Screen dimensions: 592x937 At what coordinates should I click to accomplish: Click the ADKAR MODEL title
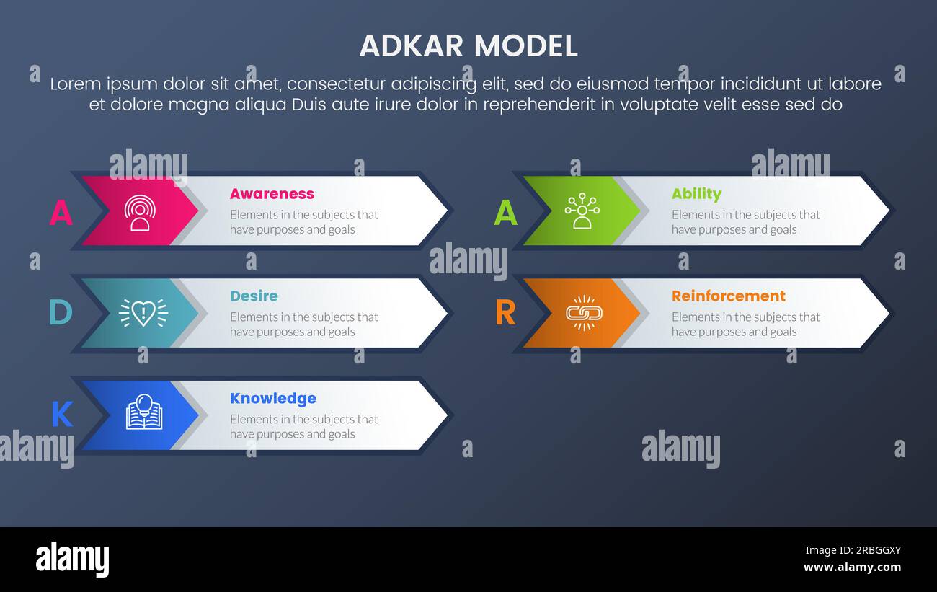click(x=468, y=46)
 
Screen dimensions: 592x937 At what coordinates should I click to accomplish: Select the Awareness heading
click(x=272, y=194)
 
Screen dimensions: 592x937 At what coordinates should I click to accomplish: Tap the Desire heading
click(x=254, y=296)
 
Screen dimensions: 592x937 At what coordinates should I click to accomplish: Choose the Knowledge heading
click(x=272, y=399)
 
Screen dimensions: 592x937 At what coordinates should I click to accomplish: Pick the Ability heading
click(x=696, y=194)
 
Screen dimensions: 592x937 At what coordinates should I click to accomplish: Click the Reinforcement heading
click(x=728, y=296)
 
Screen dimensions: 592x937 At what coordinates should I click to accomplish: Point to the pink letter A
click(x=61, y=213)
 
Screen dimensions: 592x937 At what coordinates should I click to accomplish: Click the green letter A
click(x=505, y=213)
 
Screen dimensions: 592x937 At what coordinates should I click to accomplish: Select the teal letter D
click(x=61, y=313)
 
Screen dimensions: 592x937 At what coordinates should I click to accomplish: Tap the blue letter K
click(x=62, y=415)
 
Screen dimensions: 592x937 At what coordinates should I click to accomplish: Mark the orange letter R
click(x=505, y=313)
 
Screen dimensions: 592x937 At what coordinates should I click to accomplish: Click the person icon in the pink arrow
click(x=140, y=212)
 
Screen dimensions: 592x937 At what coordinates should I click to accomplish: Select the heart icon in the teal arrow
click(x=143, y=313)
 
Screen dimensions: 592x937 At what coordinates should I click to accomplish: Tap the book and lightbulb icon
click(x=143, y=412)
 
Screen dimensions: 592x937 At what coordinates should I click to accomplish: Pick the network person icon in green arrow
click(x=582, y=211)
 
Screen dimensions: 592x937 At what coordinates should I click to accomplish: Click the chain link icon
click(x=583, y=313)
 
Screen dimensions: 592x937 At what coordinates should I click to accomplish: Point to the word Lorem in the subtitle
click(x=76, y=84)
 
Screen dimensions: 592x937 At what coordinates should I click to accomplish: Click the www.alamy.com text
click(x=852, y=567)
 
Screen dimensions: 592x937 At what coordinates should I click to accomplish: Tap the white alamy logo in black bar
click(x=72, y=560)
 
